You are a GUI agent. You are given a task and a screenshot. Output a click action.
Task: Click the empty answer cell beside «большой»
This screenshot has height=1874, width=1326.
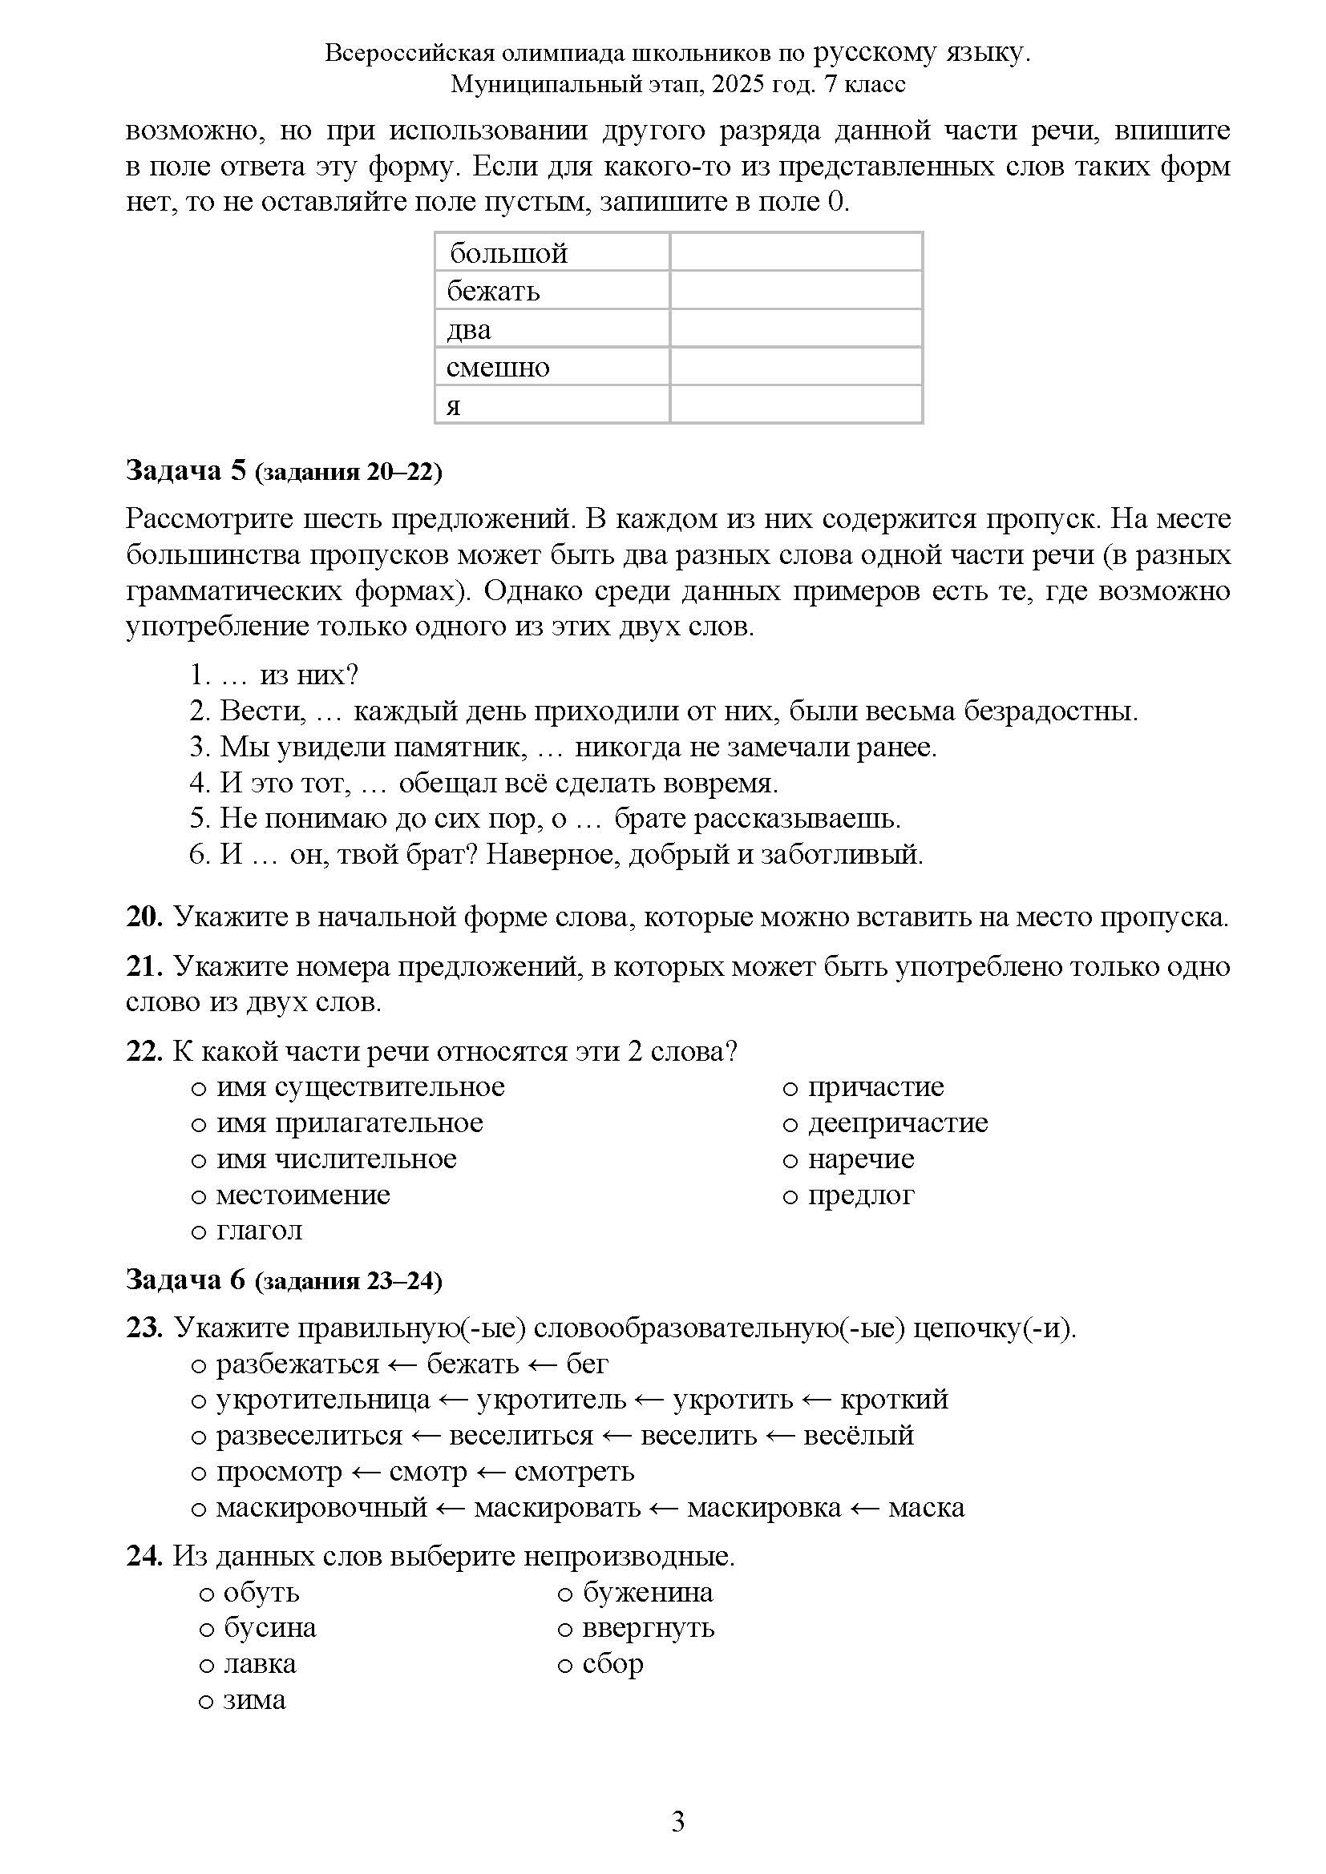[795, 252]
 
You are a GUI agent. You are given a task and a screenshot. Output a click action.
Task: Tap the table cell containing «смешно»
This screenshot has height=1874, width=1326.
[551, 366]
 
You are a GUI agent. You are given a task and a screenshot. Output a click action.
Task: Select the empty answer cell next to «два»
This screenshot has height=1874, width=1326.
[795, 329]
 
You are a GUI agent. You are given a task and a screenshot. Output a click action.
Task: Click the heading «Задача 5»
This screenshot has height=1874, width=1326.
[185, 471]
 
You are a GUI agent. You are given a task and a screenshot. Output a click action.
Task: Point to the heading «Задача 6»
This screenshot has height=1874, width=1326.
[185, 1280]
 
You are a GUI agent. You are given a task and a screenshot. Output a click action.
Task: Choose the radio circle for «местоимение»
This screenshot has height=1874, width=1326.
[197, 1196]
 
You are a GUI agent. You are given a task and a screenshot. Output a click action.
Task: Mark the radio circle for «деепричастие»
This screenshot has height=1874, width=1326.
[790, 1125]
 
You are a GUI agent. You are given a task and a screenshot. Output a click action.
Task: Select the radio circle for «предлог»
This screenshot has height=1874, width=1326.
[790, 1196]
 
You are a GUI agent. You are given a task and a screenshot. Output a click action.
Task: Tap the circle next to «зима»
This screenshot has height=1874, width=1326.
[206, 1701]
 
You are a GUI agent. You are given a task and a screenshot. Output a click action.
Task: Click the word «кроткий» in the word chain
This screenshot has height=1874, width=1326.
[894, 1399]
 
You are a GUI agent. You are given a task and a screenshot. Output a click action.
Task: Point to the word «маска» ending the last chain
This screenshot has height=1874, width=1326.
[926, 1507]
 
